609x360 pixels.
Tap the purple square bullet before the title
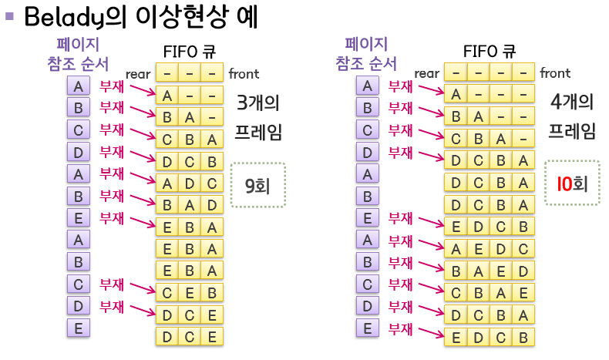point(10,15)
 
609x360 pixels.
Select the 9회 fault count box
point(257,184)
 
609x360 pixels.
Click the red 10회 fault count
point(571,183)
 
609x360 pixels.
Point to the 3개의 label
point(258,101)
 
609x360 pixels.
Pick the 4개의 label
point(572,101)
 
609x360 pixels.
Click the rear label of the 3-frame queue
point(140,74)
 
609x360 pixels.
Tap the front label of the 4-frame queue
point(555,73)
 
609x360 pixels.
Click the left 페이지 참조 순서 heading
point(77,53)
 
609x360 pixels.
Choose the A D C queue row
point(189,183)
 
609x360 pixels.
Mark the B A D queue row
point(189,205)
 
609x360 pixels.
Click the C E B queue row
point(189,293)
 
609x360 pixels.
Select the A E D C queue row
point(490,249)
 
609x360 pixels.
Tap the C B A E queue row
point(490,293)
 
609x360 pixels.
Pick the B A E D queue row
point(490,271)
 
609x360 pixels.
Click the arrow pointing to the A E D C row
point(428,244)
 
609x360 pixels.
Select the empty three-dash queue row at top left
point(189,73)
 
